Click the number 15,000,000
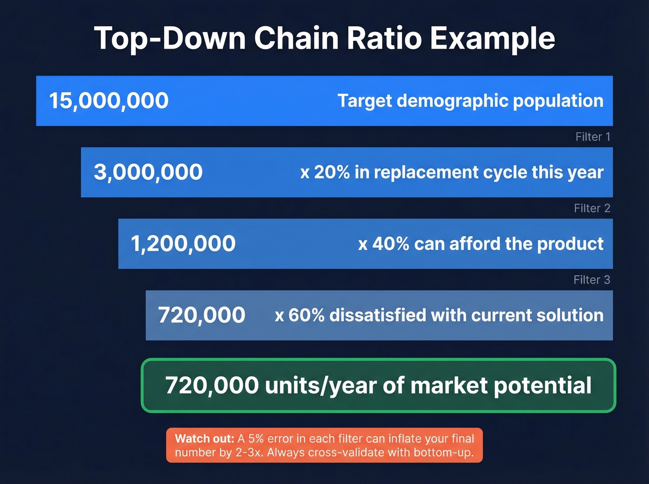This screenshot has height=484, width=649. [x=109, y=101]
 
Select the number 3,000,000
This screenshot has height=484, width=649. [x=148, y=172]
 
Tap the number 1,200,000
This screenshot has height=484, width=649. [x=183, y=244]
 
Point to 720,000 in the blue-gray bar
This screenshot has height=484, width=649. [x=202, y=315]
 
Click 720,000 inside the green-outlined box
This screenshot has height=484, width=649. [x=212, y=385]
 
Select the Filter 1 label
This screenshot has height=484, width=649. [x=592, y=137]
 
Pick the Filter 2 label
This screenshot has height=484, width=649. [x=592, y=208]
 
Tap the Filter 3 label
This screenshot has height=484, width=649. [x=592, y=280]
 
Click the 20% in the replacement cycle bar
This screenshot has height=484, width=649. [x=332, y=172]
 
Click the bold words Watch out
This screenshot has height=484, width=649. [x=204, y=439]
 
